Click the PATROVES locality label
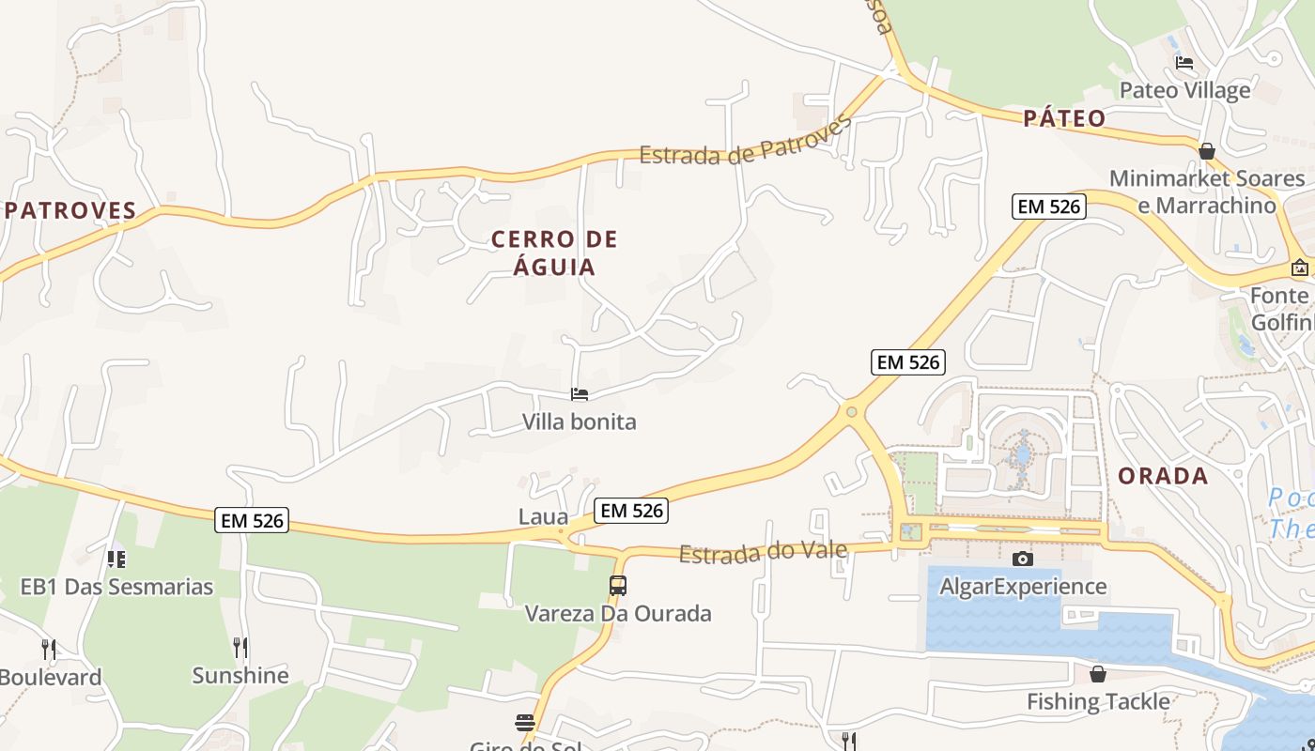click(x=71, y=210)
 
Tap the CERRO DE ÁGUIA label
click(x=555, y=253)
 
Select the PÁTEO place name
click(x=1064, y=118)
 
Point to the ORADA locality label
click(x=1163, y=476)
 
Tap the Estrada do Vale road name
click(x=763, y=553)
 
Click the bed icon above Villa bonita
click(x=580, y=394)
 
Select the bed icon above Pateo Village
click(x=1184, y=63)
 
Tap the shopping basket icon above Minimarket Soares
click(x=1207, y=151)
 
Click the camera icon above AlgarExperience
click(x=1023, y=559)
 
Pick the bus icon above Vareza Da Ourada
click(x=618, y=586)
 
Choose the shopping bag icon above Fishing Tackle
click(x=1097, y=674)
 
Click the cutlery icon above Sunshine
click(x=240, y=647)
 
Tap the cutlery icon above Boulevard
click(x=49, y=649)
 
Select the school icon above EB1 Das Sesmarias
click(x=116, y=559)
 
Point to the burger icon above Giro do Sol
click(x=525, y=722)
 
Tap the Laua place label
click(x=543, y=517)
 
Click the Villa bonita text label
click(x=580, y=421)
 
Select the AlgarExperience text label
click(x=1023, y=587)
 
